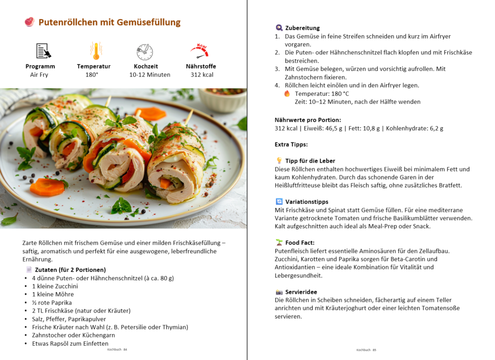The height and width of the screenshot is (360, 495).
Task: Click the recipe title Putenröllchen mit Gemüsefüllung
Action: click(109, 22)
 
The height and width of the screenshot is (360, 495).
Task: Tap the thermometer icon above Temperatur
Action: click(93, 51)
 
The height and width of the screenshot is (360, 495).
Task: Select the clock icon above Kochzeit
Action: click(145, 51)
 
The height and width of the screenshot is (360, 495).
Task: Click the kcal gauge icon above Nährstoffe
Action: click(200, 51)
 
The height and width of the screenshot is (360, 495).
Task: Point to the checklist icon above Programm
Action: click(43, 51)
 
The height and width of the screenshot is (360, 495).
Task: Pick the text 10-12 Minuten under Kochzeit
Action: click(150, 74)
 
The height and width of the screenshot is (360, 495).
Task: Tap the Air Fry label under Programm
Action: click(39, 74)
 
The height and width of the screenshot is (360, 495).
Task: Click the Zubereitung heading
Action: click(302, 28)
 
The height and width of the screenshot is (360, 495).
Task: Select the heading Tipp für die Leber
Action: click(310, 161)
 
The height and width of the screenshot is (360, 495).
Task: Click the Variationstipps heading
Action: click(307, 202)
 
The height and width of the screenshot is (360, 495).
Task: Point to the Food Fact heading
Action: click(300, 243)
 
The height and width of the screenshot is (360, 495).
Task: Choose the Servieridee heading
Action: click(301, 292)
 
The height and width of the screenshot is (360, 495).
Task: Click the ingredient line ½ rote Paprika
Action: click(52, 303)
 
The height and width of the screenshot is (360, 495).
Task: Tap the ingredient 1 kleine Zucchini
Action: click(55, 286)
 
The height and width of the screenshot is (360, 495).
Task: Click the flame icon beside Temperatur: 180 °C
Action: click(287, 93)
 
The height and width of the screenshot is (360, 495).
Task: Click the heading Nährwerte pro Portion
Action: click(308, 120)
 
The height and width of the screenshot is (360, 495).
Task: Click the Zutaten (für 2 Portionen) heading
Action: click(70, 270)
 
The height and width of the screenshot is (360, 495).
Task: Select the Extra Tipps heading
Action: click(291, 144)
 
